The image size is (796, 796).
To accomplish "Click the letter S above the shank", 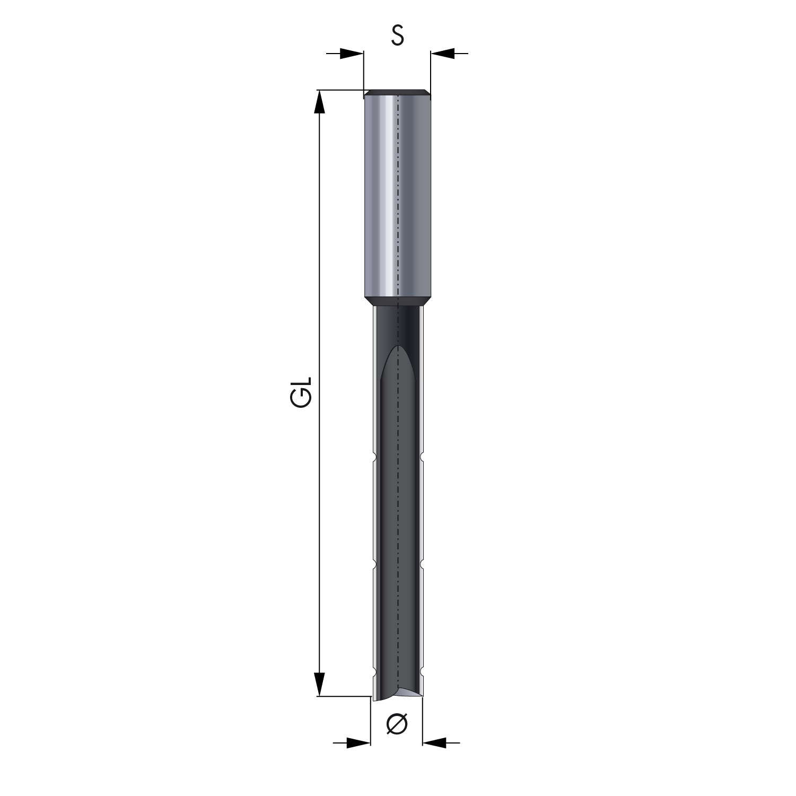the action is pos(398,35).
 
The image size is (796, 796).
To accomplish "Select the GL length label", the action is pos(302,392).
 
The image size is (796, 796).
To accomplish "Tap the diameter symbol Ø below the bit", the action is pos(397,724).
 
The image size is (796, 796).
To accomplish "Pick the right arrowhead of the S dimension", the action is pos(443,53).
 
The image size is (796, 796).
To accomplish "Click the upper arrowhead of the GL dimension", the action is pos(319,102).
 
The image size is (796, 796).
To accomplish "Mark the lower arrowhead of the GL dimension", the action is pos(319,684).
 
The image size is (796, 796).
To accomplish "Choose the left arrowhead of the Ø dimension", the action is pos(358,743).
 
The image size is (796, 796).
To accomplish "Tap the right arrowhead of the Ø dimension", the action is pos(434,743).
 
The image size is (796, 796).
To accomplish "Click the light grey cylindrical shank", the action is pos(397,196).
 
